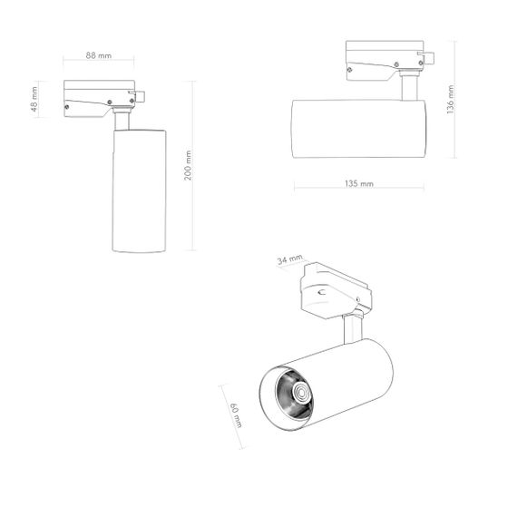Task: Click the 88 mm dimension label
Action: coord(99,55)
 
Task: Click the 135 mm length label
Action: coord(360,183)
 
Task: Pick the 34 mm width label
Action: coord(290,260)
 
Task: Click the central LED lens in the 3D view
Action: coord(298,393)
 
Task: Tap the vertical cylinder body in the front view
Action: coord(139,190)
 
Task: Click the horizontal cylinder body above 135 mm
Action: coord(358,129)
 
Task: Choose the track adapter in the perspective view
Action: coord(337,289)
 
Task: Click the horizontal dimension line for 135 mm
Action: coord(360,189)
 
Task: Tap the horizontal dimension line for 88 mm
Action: coord(100,63)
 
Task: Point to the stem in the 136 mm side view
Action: coord(410,89)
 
